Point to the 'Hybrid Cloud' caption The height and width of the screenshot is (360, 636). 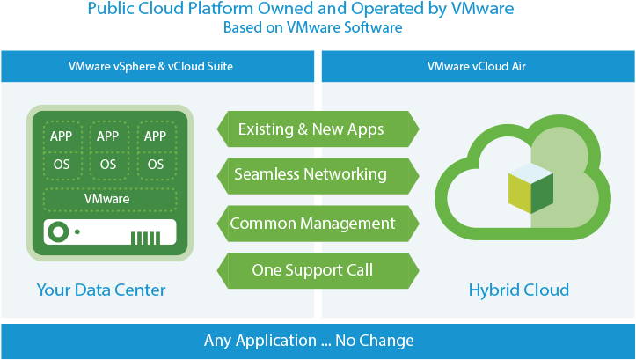[x=518, y=290]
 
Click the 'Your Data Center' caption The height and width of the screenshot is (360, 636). [x=101, y=290]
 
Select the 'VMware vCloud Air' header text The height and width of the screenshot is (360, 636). [x=477, y=66]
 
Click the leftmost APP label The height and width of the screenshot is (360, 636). [x=61, y=136]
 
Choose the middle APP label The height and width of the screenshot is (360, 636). [x=107, y=136]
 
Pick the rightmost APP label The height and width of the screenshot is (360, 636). [x=155, y=136]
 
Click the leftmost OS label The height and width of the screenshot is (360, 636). [x=61, y=164]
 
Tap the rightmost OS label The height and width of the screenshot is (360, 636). [x=155, y=164]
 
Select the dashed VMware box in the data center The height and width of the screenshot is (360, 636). [x=107, y=199]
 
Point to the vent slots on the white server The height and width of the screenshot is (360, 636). [x=146, y=238]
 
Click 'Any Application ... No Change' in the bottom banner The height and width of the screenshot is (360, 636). [x=309, y=341]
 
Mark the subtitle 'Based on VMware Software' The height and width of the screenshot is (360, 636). [x=312, y=27]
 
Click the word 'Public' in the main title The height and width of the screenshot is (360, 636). [x=113, y=9]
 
